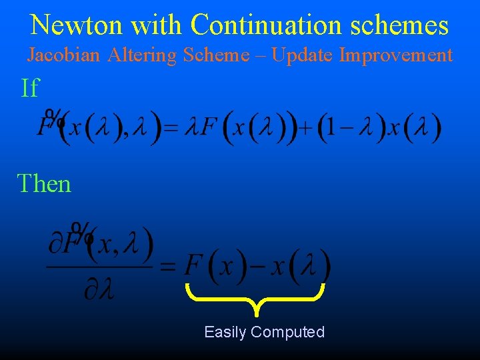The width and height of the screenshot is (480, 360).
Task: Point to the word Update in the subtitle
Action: [x=303, y=55]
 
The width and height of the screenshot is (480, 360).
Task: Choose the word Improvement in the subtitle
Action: [x=396, y=55]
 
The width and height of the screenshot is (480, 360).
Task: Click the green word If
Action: [x=30, y=88]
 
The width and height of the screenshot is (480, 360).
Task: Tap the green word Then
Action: [x=44, y=183]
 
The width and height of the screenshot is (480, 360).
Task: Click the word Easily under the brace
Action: [x=225, y=332]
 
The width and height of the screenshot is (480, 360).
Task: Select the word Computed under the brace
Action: [x=288, y=332]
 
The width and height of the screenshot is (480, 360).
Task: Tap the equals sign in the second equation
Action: [x=168, y=267]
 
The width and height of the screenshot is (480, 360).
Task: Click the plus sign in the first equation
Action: [x=306, y=129]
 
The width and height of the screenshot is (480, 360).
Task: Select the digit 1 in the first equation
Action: [x=327, y=129]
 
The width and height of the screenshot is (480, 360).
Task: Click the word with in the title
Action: [x=159, y=25]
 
